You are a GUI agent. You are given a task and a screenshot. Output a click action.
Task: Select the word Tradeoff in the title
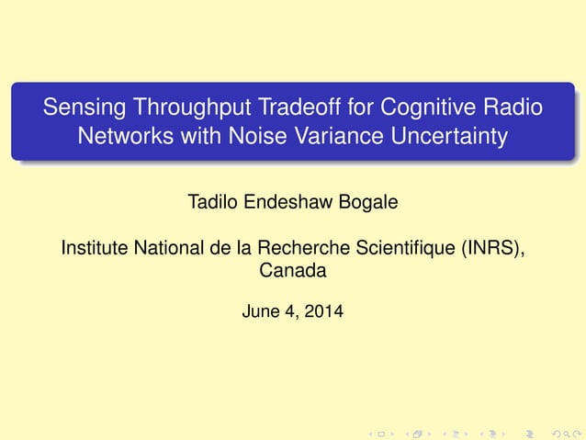click(x=276, y=108)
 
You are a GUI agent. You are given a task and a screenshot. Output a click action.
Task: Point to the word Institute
click(x=95, y=248)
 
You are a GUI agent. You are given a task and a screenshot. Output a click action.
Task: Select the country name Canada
click(x=292, y=271)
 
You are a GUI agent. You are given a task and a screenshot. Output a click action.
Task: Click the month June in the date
click(x=259, y=313)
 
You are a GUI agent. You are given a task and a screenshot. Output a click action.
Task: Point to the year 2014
click(x=324, y=313)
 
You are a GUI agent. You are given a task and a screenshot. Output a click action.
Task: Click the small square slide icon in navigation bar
click(x=387, y=431)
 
